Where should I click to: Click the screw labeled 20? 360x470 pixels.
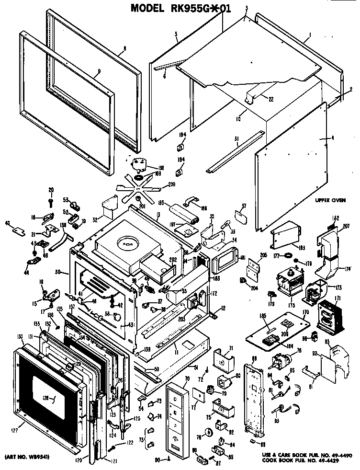(x=51, y=196)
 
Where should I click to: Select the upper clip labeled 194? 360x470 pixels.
(x=182, y=146)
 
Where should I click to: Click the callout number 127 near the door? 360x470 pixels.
(x=14, y=430)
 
